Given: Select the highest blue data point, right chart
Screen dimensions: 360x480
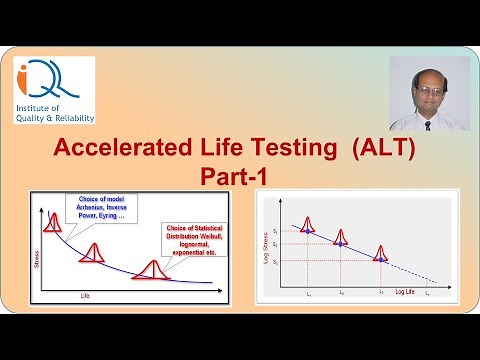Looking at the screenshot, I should point(308,231).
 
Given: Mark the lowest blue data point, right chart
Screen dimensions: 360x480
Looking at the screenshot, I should point(380,257).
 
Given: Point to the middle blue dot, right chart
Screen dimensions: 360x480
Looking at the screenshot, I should point(341,243).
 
